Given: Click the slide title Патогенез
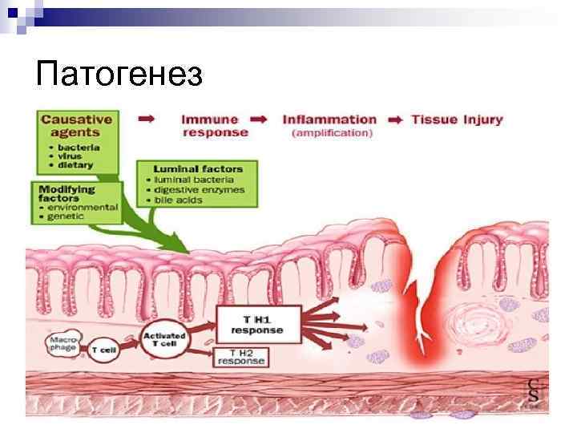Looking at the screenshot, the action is [x=120, y=75].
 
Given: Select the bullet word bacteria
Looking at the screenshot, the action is [x=77, y=148].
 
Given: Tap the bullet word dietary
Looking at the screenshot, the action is [x=75, y=165].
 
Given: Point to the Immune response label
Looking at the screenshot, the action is [x=214, y=126].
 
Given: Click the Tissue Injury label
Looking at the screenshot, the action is [x=457, y=120].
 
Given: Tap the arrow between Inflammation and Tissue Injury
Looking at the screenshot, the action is [x=396, y=120].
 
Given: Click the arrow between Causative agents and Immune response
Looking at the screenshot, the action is [x=146, y=119].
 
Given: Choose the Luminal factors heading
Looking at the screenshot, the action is [x=200, y=169].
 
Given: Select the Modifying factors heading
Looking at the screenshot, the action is [x=67, y=193].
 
